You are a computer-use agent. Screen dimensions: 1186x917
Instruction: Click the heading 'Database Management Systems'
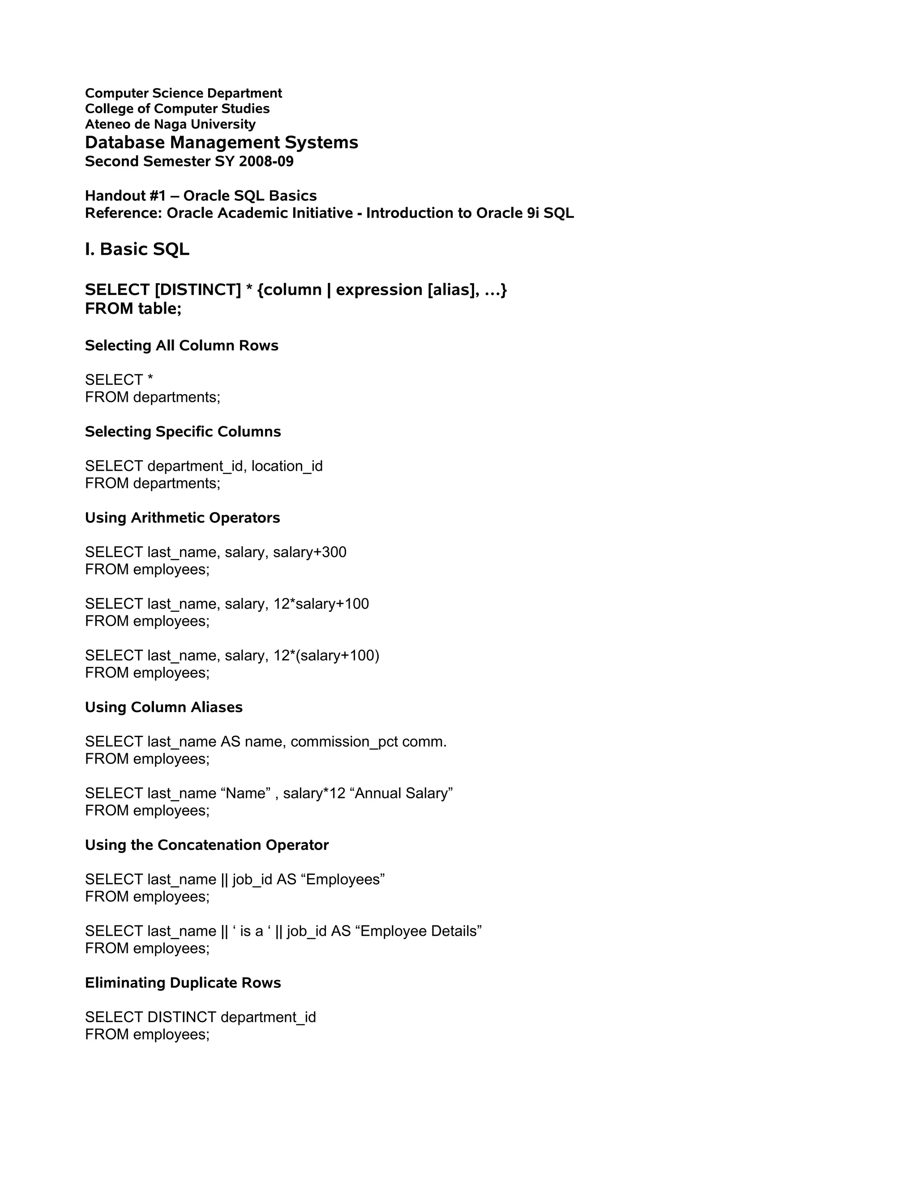pyautogui.click(x=221, y=142)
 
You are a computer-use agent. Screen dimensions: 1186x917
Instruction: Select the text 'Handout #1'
pyautogui.click(x=125, y=196)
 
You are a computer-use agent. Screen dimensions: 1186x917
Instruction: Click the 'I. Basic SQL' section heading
pyautogui.click(x=137, y=249)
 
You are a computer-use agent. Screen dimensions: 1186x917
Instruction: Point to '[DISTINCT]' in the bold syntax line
pyautogui.click(x=198, y=290)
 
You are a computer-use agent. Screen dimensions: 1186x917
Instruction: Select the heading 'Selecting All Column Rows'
pyautogui.click(x=181, y=346)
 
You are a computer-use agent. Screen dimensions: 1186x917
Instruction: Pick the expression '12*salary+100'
pyautogui.click(x=321, y=604)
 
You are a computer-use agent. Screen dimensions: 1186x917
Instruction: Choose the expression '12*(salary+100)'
pyautogui.click(x=326, y=656)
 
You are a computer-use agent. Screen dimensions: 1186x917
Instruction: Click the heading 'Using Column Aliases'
pyautogui.click(x=163, y=707)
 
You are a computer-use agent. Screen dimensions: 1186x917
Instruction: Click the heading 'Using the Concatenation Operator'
pyautogui.click(x=206, y=845)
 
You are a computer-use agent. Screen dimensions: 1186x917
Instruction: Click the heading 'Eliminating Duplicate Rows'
pyautogui.click(x=183, y=983)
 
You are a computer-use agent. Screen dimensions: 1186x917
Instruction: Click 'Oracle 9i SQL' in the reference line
pyautogui.click(x=525, y=213)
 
